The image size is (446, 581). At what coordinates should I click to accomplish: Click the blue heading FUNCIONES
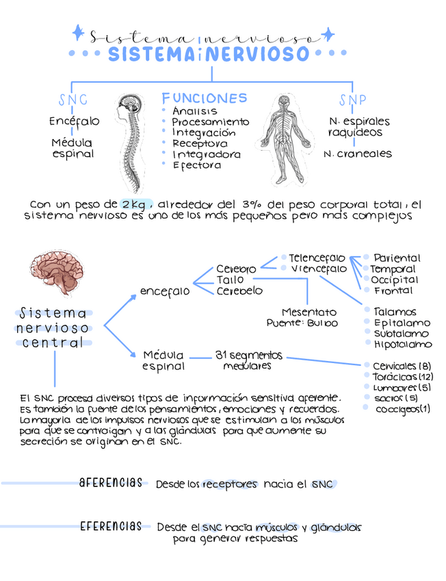click(205, 98)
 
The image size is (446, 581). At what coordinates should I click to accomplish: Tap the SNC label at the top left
click(73, 101)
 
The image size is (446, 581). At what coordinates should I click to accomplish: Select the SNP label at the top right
click(352, 101)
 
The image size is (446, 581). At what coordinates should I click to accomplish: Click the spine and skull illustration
click(130, 140)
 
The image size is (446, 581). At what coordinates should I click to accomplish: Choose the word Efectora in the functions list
click(197, 165)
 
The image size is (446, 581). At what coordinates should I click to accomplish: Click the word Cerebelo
click(239, 290)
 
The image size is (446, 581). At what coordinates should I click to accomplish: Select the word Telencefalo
click(317, 258)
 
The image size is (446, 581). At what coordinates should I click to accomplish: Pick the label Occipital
click(395, 280)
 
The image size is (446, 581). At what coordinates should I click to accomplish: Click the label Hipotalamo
click(403, 344)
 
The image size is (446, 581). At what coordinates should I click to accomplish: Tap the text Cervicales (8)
click(402, 366)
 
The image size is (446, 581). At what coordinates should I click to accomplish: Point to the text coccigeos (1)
click(403, 409)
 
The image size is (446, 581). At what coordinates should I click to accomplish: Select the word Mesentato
click(309, 312)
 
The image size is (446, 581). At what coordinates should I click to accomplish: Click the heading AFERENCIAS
click(111, 483)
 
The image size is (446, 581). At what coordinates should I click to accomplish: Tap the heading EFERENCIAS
click(111, 526)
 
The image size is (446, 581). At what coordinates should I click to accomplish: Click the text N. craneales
click(358, 154)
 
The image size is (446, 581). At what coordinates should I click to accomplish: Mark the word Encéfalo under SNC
click(74, 121)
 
